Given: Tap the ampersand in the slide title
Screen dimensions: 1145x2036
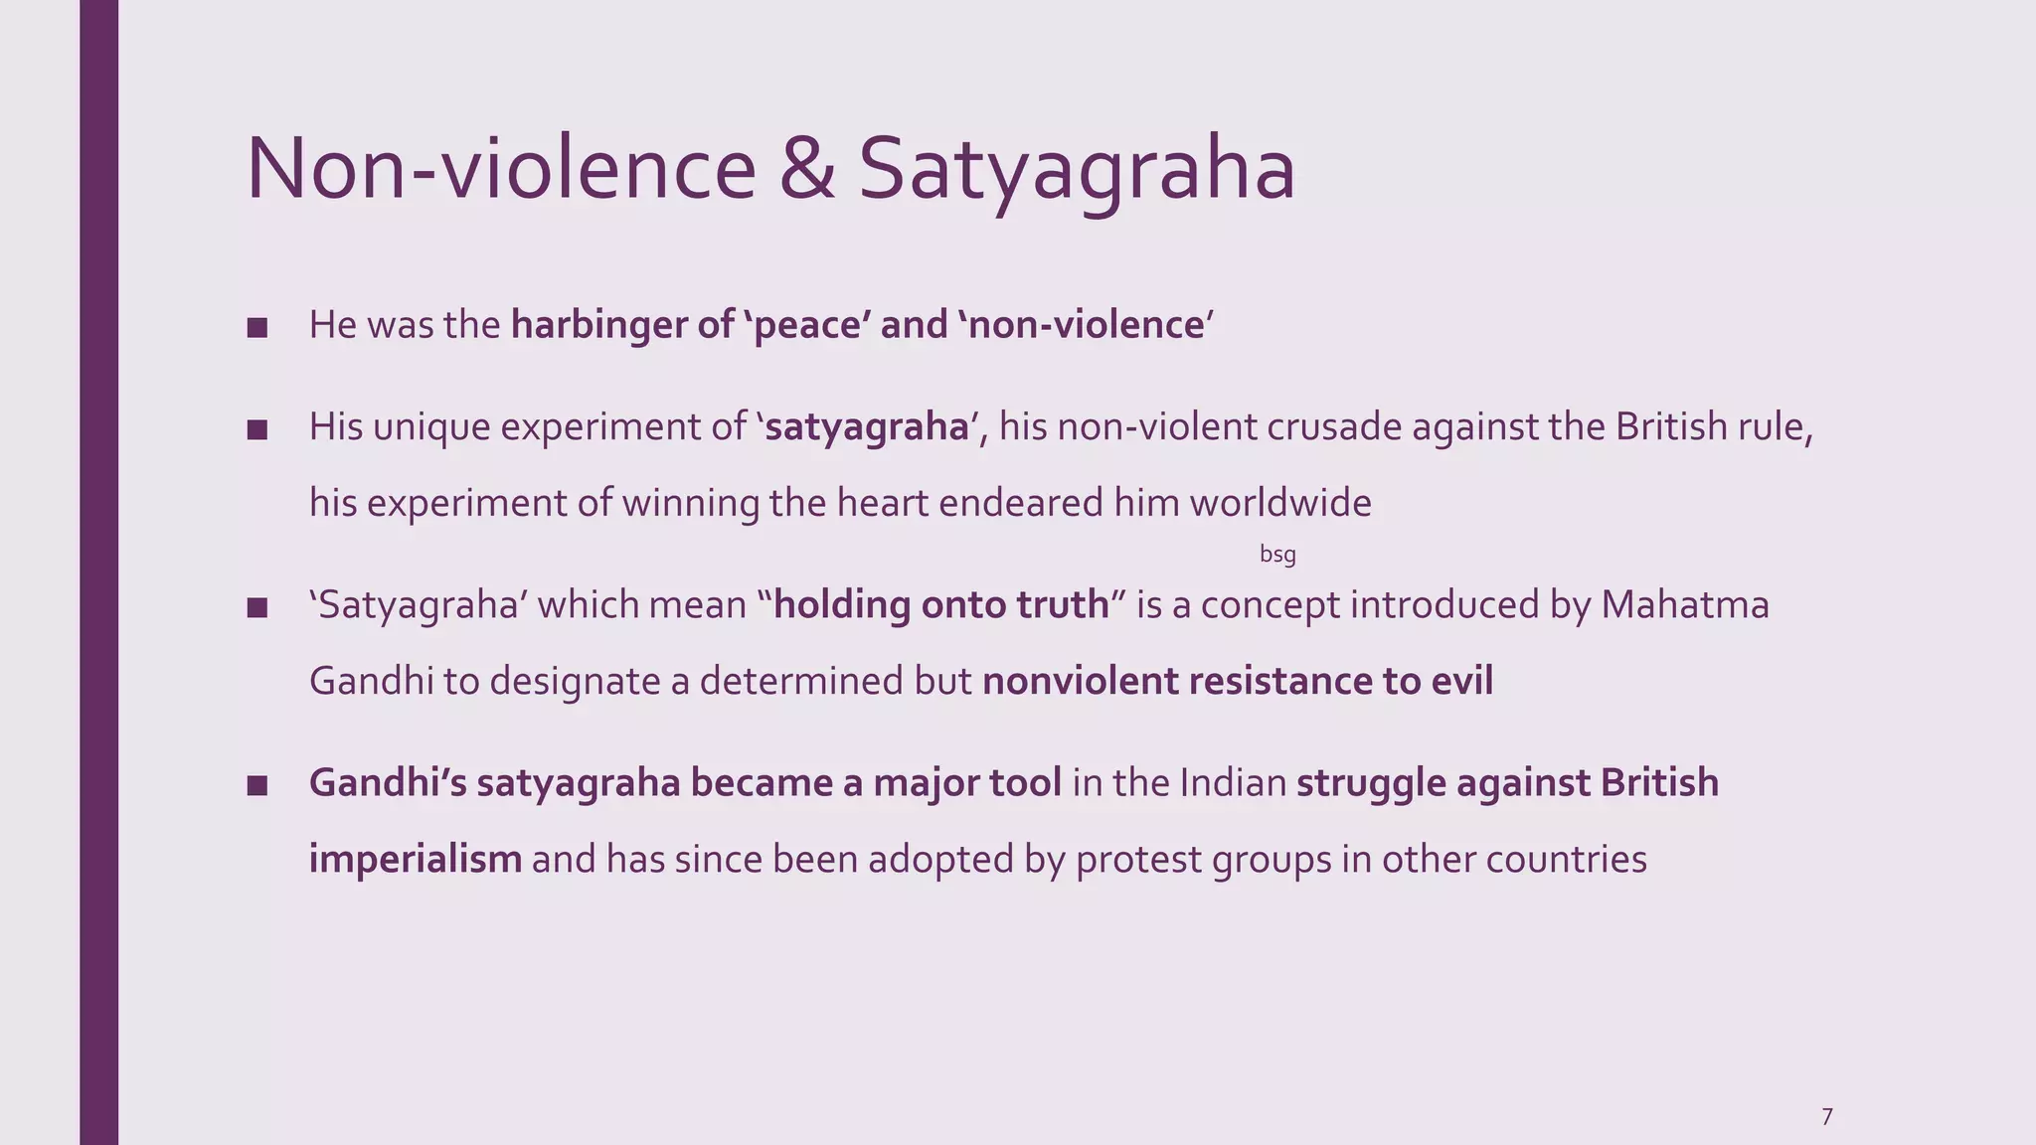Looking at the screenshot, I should (x=806, y=169).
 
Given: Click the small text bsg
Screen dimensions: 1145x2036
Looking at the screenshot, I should (x=1277, y=555).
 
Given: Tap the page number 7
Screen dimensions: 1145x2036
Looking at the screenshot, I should (x=1826, y=1116).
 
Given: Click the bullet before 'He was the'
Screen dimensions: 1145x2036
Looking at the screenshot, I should (x=257, y=328).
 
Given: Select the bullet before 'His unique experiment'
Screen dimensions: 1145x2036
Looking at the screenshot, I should (x=257, y=430).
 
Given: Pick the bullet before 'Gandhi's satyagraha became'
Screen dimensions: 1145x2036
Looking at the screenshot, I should (x=257, y=786).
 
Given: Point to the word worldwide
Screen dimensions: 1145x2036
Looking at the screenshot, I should (x=1280, y=503).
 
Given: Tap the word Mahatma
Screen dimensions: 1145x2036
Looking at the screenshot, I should (x=1684, y=605).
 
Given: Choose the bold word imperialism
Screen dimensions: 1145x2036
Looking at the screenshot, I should (x=415, y=859).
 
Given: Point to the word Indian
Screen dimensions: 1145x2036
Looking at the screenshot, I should (x=1233, y=783).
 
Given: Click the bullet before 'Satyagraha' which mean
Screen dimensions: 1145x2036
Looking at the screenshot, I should (x=257, y=608).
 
